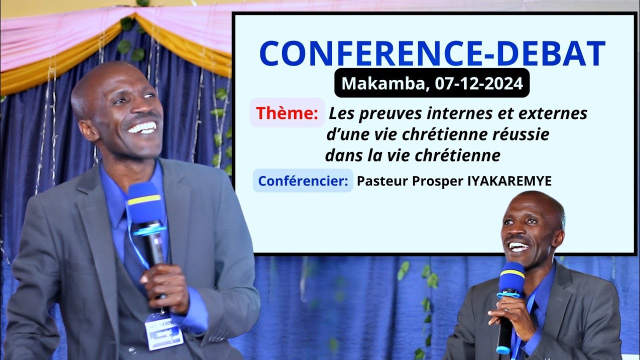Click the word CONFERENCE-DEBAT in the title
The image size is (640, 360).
(x=432, y=53)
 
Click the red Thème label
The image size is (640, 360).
(x=287, y=113)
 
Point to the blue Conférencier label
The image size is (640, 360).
(x=303, y=180)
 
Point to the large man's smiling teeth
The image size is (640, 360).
(x=142, y=127)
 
